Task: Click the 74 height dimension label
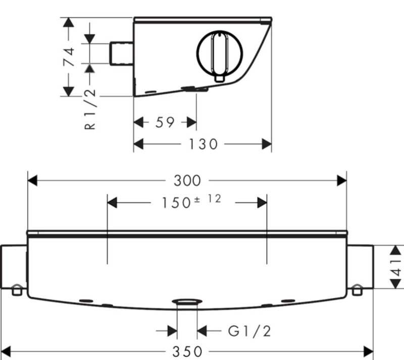(69, 57)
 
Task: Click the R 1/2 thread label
(90, 109)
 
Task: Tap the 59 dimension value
(165, 122)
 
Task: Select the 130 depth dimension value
(204, 144)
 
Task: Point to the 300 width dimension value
(187, 181)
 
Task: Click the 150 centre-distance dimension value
(176, 202)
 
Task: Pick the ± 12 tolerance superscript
(207, 199)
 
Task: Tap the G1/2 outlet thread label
(249, 331)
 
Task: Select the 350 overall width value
(187, 352)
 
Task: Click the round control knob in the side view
(220, 54)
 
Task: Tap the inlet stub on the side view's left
(122, 54)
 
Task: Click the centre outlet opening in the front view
(187, 301)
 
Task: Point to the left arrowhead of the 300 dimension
(32, 181)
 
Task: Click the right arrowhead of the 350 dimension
(368, 351)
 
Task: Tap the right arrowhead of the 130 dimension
(267, 144)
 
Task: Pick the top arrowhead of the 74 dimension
(68, 22)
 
